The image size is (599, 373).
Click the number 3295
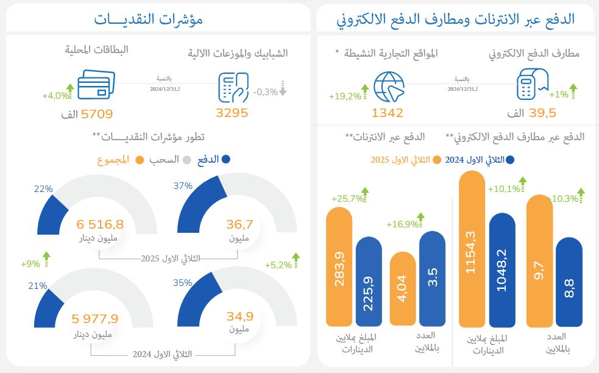click(232, 113)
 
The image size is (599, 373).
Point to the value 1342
click(388, 113)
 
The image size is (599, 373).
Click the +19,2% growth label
click(345, 96)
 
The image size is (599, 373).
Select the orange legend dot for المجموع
click(140, 160)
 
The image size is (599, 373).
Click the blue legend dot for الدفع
click(226, 160)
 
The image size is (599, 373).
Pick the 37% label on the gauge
click(183, 186)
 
